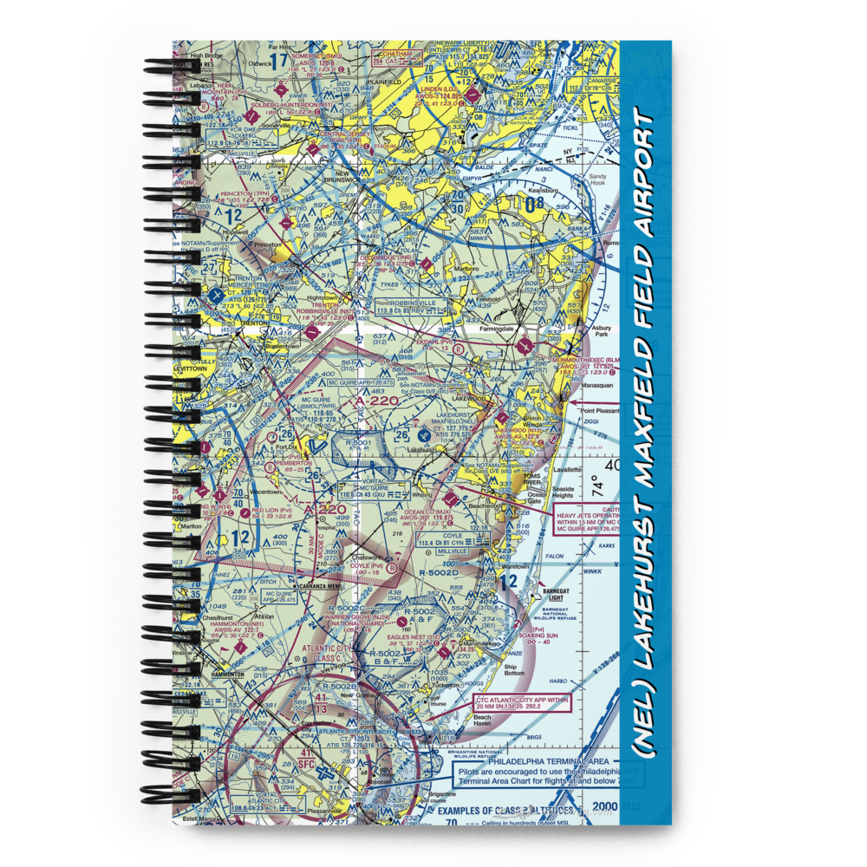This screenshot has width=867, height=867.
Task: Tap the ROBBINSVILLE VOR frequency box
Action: point(406,308)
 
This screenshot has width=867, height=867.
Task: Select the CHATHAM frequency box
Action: point(395,58)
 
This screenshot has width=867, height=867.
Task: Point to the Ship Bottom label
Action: point(514,669)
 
